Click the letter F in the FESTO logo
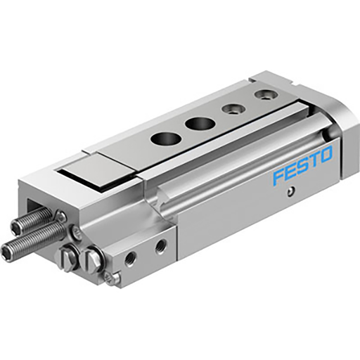coord(278,176)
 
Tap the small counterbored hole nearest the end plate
coord(265,94)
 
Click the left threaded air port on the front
coord(130,258)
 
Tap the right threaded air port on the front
coord(160,245)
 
